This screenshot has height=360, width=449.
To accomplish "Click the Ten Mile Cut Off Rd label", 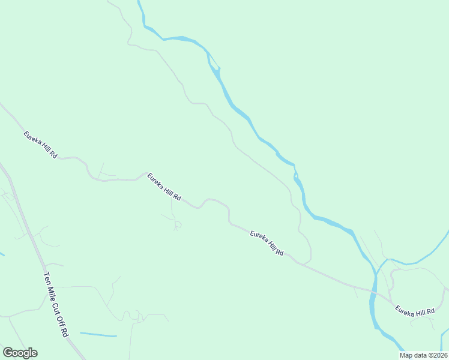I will pyautogui.click(x=56, y=304).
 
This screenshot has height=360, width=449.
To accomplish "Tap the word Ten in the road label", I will pyautogui.click(x=46, y=279).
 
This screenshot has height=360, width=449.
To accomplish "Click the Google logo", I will pyautogui.click(x=20, y=353).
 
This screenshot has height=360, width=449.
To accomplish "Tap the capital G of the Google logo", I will pyautogui.click(x=8, y=353).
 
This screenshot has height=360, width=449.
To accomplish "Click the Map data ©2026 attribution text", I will pyautogui.click(x=424, y=355).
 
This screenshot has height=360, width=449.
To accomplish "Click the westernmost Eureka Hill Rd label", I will pyautogui.click(x=40, y=145).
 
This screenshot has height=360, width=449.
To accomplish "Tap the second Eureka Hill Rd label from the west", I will pyautogui.click(x=164, y=187).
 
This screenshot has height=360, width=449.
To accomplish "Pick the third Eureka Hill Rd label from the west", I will pyautogui.click(x=267, y=243).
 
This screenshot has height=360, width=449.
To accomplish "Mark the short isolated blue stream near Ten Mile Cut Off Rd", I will pyautogui.click(x=98, y=334).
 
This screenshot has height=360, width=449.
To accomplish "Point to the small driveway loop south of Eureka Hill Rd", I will pyautogui.click(x=177, y=225).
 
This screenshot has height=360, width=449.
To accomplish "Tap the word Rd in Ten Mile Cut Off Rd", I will pyautogui.click(x=65, y=331).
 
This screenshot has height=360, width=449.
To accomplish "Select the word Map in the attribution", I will pyautogui.click(x=406, y=355).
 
